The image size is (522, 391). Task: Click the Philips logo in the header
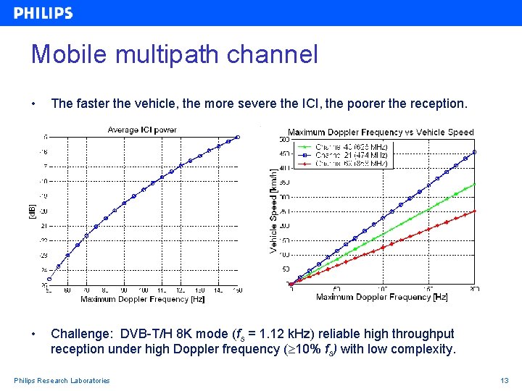43,13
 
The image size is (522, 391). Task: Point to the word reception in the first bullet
434,104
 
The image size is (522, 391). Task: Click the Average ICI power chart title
142,130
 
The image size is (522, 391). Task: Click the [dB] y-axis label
31,211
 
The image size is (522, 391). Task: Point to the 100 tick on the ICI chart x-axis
143,290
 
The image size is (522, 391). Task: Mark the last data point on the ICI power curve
237,137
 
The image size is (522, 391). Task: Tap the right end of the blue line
475,152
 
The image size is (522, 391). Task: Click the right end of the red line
475,211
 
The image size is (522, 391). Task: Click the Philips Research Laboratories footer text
62,381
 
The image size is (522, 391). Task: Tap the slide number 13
505,381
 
